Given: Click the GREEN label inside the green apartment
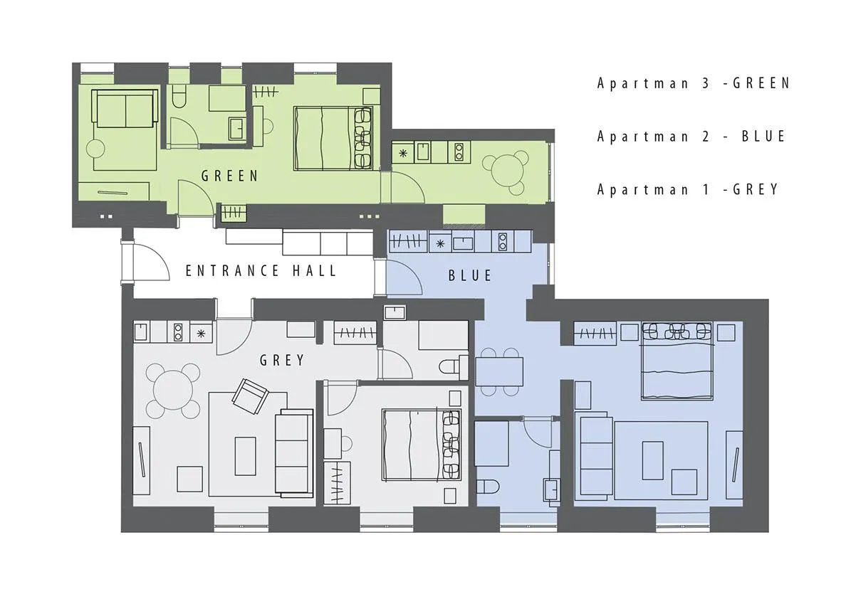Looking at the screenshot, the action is pos(230,176).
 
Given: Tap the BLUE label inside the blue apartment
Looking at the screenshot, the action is pos(471,275).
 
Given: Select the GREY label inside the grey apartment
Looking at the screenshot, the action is pos(282,361).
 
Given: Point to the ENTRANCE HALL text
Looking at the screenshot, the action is pos(261,270).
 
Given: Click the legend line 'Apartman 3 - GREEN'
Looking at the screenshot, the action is pos(694,83).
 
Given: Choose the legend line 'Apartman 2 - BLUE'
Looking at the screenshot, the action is pos(691,136).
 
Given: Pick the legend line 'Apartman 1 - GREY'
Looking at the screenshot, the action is pos(688,189).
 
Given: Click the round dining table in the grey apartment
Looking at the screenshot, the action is pos(173,391).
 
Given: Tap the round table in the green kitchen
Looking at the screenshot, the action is pos(506,169).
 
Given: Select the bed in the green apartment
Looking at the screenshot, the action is pos(333,139).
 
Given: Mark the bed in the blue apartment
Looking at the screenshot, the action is pos(677,361).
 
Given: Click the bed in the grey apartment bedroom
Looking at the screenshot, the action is pos(421,445).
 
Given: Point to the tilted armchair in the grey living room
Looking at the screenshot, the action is pos(251,396).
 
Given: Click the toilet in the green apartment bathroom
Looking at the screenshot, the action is pos(179,96).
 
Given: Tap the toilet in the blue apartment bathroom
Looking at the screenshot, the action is pos(488,487).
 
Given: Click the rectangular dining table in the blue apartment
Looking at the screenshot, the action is pos(499,371).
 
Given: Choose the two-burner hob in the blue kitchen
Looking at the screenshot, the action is pos(503,242).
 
